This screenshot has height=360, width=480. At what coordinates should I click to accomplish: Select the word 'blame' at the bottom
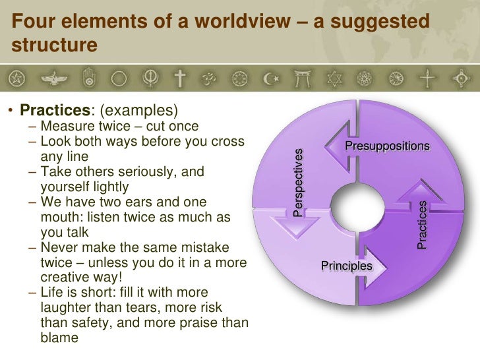click(x=59, y=338)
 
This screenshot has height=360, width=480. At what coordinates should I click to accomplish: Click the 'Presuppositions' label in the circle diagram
click(x=387, y=146)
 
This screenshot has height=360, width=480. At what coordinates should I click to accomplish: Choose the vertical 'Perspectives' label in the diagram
click(x=299, y=183)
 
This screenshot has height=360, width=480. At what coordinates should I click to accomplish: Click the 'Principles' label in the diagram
click(x=346, y=266)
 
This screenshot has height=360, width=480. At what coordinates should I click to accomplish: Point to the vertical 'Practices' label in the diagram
click(x=422, y=225)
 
